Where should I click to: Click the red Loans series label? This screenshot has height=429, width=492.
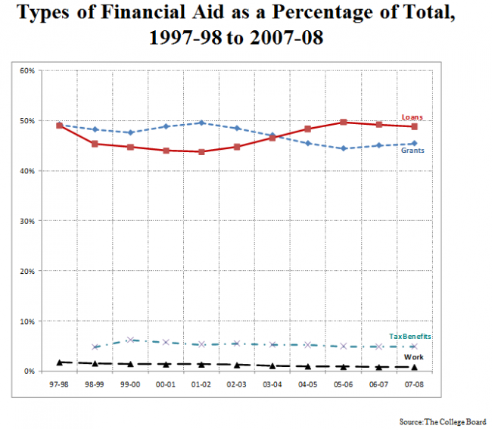(412, 117)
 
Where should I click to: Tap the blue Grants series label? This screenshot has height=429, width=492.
(413, 151)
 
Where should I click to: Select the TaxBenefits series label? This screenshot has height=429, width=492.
(410, 337)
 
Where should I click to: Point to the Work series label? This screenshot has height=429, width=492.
(413, 357)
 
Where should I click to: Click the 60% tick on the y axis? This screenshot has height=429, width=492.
(27, 71)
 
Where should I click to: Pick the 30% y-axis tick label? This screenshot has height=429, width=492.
(27, 221)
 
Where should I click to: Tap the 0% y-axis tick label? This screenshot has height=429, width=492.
(29, 371)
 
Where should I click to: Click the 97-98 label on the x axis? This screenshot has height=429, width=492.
(59, 384)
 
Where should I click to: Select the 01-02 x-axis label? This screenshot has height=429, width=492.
(201, 384)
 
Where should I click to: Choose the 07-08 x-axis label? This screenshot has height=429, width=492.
(414, 384)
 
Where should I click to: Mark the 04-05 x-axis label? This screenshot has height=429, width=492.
(308, 384)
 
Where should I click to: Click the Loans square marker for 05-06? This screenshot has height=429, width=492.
(344, 122)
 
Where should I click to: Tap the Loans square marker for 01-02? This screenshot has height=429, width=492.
(201, 152)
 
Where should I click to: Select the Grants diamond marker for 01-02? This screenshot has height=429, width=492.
(201, 123)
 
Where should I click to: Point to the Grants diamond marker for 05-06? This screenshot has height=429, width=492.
(344, 148)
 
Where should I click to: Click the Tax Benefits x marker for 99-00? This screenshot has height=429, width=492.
(130, 340)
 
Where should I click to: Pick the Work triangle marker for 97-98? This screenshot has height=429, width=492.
(59, 362)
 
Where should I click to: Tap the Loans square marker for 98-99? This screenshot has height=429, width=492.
(95, 144)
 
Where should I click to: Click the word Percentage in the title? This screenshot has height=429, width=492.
(322, 13)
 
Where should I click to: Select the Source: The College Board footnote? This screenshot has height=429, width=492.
(443, 421)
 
